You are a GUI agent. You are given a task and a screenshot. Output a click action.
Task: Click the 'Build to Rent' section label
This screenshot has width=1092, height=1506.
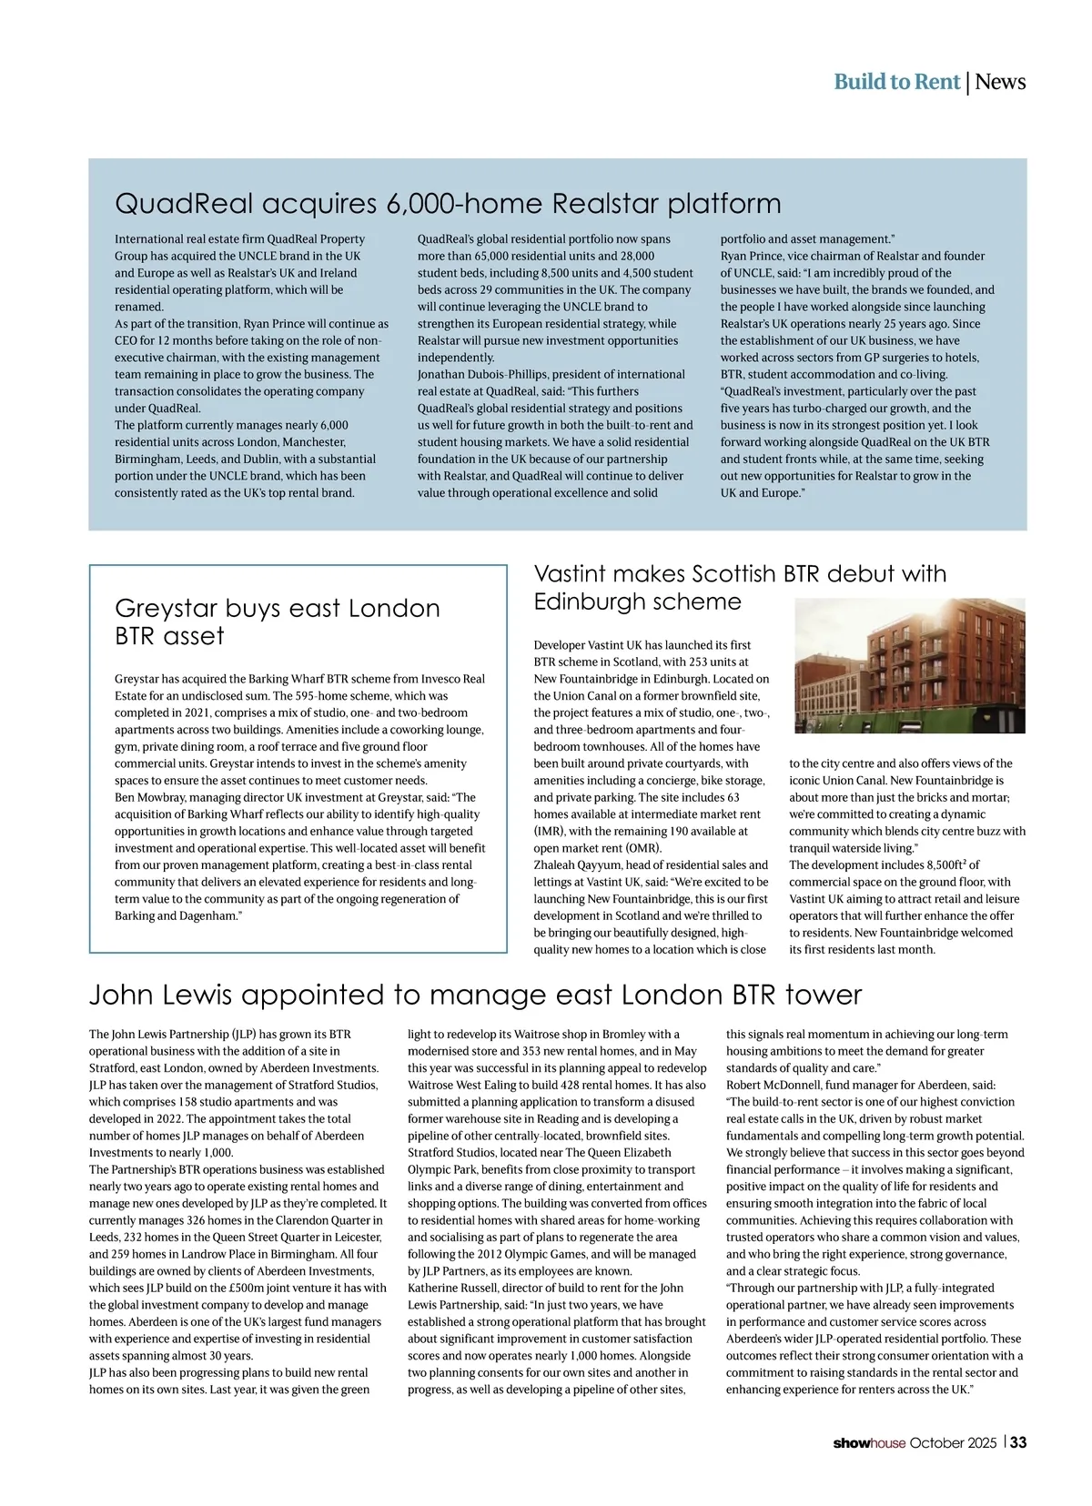896,82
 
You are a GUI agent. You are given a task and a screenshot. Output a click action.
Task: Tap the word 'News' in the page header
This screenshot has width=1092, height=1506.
1001,82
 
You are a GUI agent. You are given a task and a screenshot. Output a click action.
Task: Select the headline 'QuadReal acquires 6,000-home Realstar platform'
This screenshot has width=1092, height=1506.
448,203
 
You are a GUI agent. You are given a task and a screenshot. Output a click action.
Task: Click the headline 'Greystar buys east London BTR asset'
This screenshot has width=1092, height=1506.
277,622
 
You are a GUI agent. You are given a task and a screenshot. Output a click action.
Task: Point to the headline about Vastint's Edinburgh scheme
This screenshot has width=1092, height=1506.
739,587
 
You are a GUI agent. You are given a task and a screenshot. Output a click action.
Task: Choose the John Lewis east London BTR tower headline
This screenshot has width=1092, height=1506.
475,995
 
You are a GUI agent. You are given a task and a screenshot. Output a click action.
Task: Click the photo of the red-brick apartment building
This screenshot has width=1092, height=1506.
909,665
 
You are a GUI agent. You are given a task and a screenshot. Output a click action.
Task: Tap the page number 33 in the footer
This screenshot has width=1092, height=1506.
1018,1442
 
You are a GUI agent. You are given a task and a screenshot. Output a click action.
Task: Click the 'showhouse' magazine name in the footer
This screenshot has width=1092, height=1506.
869,1443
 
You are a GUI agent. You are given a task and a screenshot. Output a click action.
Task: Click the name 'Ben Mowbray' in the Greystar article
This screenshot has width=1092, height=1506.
147,798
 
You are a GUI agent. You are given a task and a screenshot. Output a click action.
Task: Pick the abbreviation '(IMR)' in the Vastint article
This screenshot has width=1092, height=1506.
550,832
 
